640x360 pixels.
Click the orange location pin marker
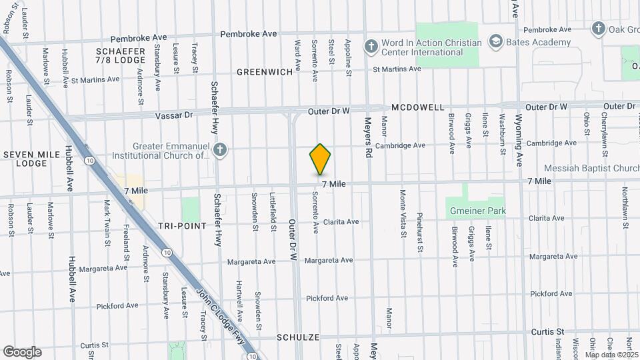pyautogui.click(x=320, y=159)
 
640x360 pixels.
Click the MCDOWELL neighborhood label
pyautogui.click(x=418, y=107)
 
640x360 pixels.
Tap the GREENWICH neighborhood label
pyautogui.click(x=265, y=72)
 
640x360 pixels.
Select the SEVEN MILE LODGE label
pyautogui.click(x=25, y=159)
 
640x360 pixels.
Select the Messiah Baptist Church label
pyautogui.click(x=591, y=168)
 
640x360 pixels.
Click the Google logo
pyautogui.click(x=21, y=351)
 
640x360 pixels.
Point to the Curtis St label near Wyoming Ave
pyautogui.click(x=547, y=331)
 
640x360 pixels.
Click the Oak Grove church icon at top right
pyautogui.click(x=598, y=29)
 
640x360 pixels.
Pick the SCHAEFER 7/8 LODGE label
pyautogui.click(x=121, y=57)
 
